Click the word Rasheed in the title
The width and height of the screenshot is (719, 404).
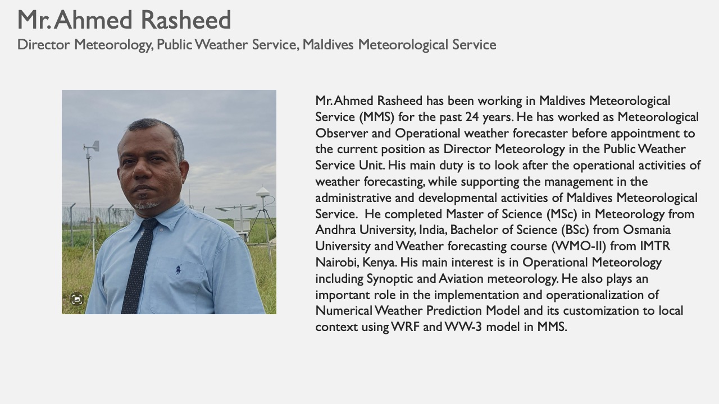click(x=186, y=20)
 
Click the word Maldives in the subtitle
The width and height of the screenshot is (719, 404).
click(x=327, y=44)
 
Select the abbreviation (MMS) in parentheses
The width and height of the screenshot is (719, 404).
click(x=377, y=117)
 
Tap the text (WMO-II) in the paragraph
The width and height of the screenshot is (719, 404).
click(x=579, y=246)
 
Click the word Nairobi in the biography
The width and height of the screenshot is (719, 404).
click(x=336, y=262)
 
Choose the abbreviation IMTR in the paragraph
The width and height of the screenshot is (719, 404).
click(x=655, y=246)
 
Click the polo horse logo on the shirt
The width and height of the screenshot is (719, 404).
click(x=178, y=269)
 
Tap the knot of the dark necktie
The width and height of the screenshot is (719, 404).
click(x=149, y=225)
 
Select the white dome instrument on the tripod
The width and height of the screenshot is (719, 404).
click(x=263, y=192)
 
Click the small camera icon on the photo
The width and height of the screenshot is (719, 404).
click(x=77, y=300)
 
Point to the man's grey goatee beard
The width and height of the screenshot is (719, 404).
click(x=146, y=205)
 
